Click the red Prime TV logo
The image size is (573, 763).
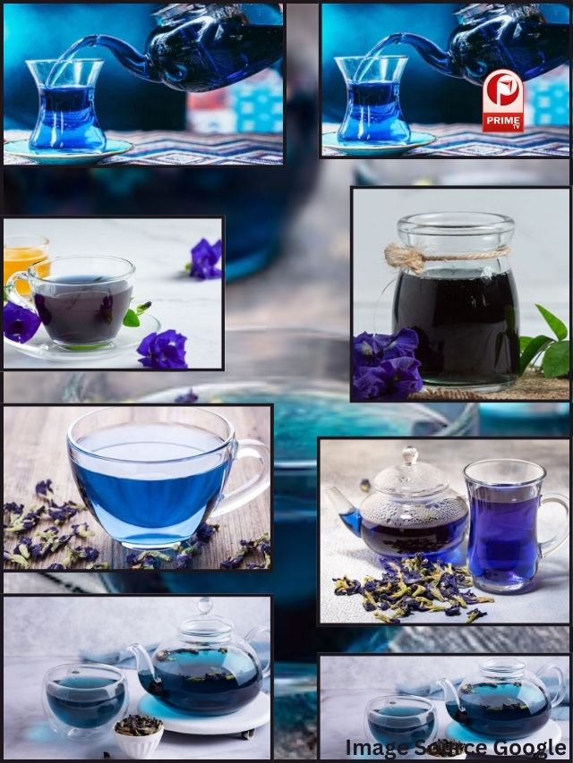tap(503, 101)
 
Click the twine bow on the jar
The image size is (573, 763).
tap(405, 257)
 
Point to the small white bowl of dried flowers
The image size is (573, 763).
tap(139, 737)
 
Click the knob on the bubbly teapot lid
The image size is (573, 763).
tap(410, 455)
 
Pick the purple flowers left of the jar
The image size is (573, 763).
tap(387, 362)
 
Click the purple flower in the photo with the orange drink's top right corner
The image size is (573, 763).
tap(205, 259)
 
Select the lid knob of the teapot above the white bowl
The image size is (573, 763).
tap(205, 606)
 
